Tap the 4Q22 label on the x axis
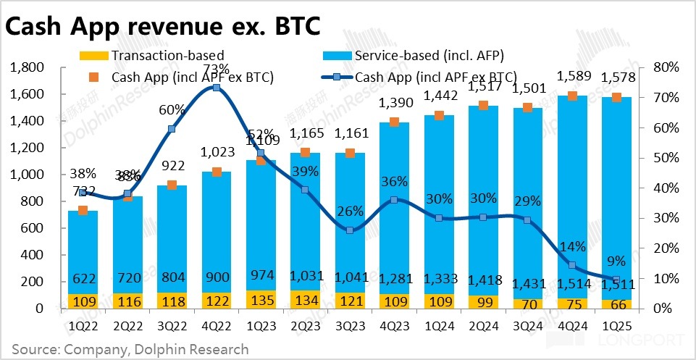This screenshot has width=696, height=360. pyautogui.click(x=217, y=325)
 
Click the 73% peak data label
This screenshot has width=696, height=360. pyautogui.click(x=217, y=70)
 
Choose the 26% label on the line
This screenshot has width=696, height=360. pyautogui.click(x=351, y=212)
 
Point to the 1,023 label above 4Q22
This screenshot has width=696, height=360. pyautogui.click(x=217, y=153)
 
